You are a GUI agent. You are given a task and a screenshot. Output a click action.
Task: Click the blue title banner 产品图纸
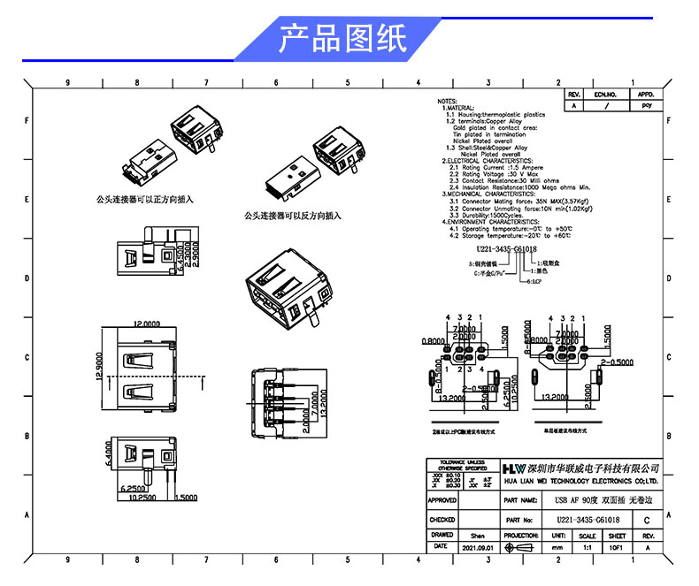point(342,38)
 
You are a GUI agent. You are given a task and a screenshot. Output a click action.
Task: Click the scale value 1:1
point(587,548)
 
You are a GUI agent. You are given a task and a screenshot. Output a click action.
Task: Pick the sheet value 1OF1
point(617,548)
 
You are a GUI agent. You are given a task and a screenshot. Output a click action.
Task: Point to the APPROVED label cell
point(442,500)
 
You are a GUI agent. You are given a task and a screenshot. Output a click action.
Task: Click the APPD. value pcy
point(646,104)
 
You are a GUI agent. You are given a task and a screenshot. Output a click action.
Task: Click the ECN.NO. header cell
point(605,93)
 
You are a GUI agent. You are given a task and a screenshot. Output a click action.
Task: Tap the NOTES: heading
point(447,102)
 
